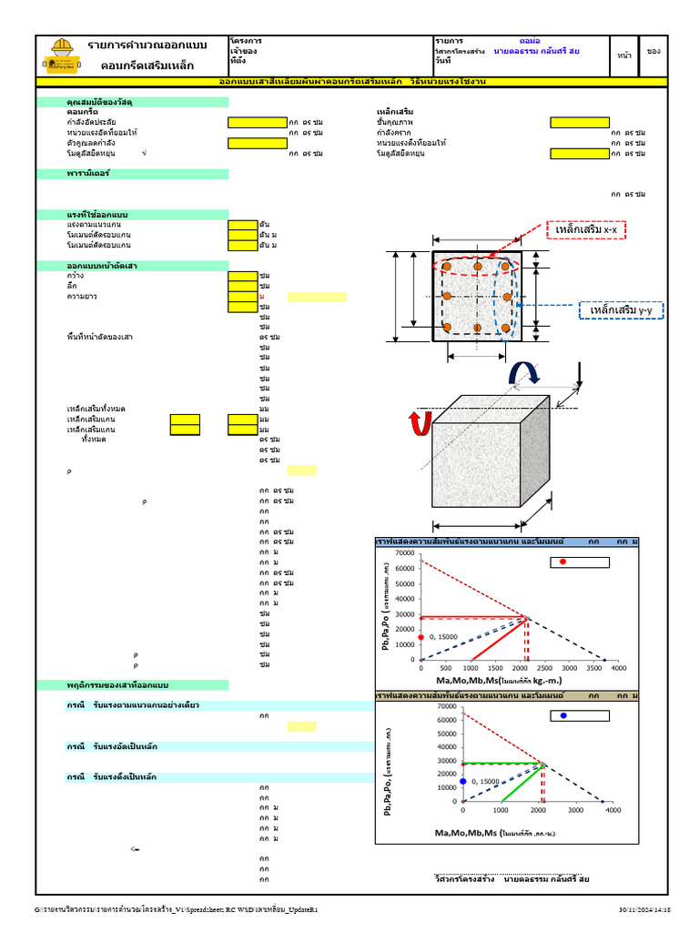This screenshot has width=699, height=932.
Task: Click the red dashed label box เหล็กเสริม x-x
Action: [x=586, y=231]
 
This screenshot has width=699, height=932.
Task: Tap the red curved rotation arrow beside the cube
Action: [x=420, y=424]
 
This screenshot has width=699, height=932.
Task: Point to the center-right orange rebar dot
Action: [x=505, y=297]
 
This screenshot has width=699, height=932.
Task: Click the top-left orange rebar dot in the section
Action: [x=447, y=266]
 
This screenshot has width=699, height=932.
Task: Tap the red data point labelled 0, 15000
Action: [x=421, y=637]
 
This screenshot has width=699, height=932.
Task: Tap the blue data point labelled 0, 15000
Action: [x=462, y=781]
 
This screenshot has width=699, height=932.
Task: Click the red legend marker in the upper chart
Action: [x=562, y=562]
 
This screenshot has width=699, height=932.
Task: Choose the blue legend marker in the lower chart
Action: [x=563, y=715]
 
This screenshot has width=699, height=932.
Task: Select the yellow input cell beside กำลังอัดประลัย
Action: [x=257, y=122]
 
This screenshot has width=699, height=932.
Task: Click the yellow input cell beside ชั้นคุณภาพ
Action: [x=579, y=122]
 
